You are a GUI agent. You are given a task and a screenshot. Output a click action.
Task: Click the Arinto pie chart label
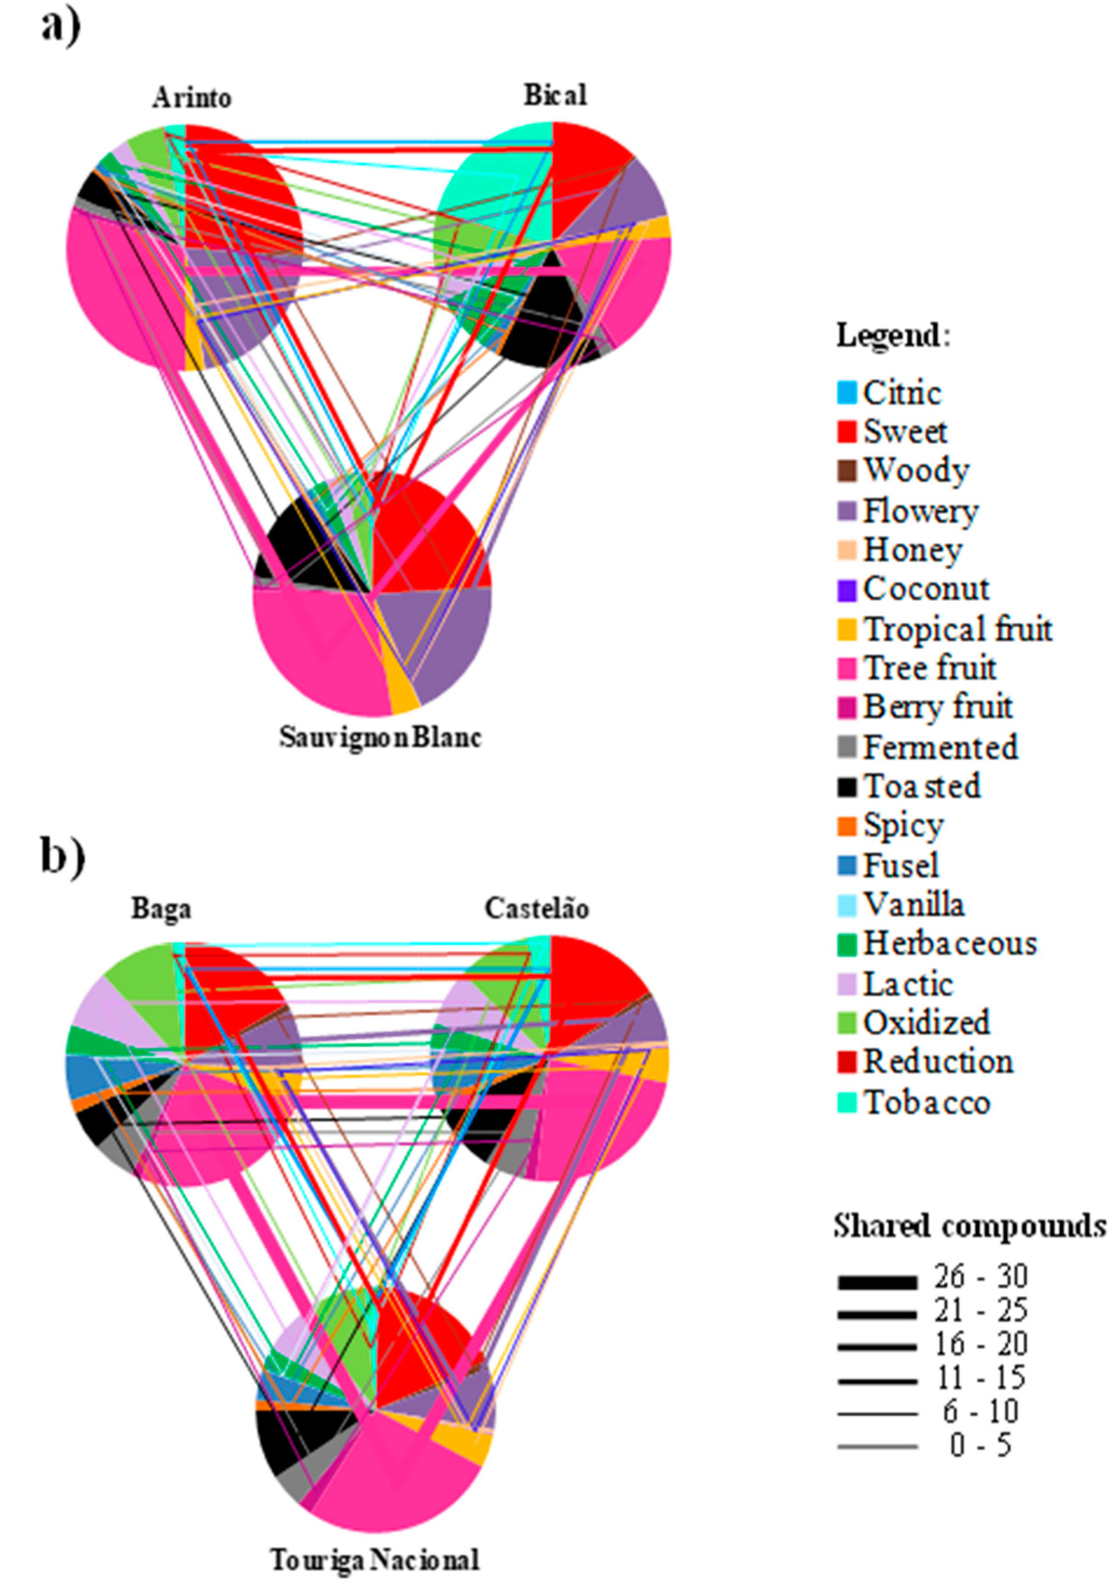pos(192,98)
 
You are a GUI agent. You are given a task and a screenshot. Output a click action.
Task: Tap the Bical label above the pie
pos(555,95)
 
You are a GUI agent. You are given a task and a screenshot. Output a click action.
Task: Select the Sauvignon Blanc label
pos(380,737)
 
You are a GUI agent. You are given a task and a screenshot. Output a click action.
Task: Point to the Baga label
pos(161,909)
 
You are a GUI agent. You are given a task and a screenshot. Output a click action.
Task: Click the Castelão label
pos(537,908)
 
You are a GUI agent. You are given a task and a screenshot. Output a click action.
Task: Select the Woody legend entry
pos(915,470)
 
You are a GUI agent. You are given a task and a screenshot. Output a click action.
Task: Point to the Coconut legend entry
pos(926,589)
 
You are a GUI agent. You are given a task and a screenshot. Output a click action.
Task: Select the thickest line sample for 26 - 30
pos(877,1283)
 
